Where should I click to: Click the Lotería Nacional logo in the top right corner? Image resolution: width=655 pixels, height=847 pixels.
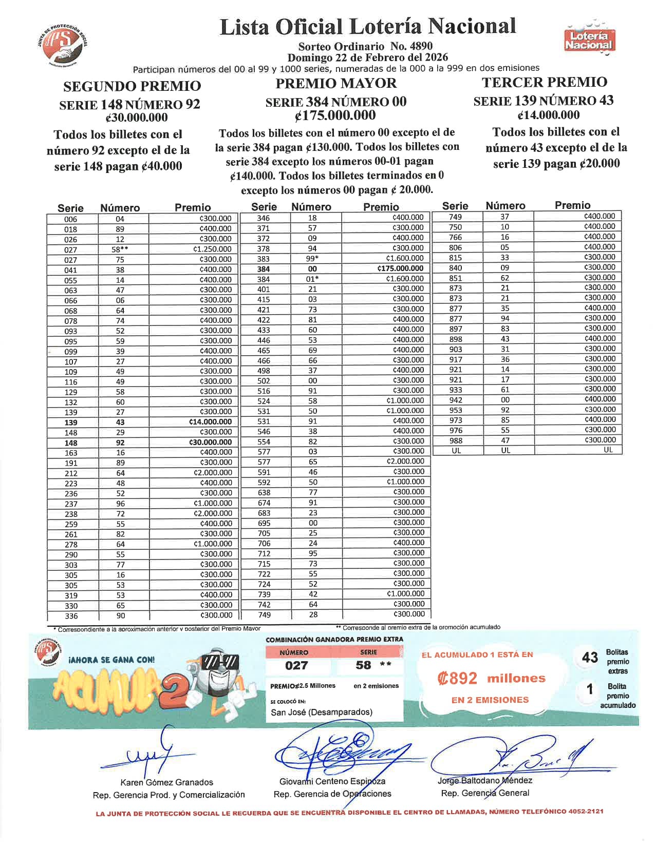[588, 38]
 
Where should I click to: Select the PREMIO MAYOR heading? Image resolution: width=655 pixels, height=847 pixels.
[336, 83]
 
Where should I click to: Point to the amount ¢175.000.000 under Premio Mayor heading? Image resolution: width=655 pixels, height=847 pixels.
[335, 115]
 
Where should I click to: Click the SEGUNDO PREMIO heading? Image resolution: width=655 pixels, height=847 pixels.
[132, 86]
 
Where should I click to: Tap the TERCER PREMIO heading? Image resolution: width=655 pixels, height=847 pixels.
[545, 82]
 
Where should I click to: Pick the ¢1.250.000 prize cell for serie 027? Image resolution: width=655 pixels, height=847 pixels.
[212, 249]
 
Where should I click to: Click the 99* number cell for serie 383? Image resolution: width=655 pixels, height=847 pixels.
[312, 258]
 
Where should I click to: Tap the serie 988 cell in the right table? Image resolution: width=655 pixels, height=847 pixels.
[455, 440]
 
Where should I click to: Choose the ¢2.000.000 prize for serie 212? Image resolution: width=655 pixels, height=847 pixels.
[213, 473]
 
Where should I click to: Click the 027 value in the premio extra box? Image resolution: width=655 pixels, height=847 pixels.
[296, 666]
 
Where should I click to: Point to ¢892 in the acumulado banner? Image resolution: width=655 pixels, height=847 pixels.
[458, 679]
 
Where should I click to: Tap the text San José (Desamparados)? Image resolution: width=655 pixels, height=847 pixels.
[322, 712]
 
